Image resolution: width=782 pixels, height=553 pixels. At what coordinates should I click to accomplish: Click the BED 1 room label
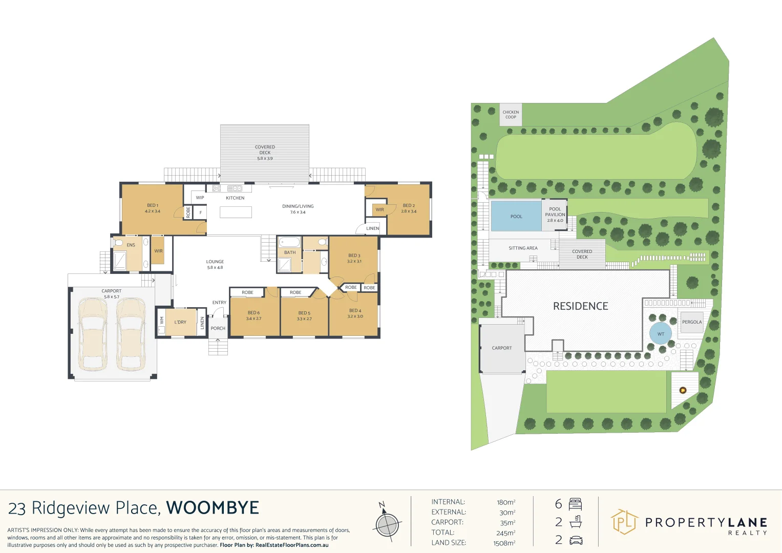(x=152, y=208)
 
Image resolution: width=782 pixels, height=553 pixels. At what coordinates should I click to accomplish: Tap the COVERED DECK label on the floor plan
(x=265, y=153)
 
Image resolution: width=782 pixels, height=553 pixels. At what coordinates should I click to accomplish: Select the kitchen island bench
(x=236, y=212)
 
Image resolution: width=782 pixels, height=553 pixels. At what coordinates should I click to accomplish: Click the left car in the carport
(x=93, y=334)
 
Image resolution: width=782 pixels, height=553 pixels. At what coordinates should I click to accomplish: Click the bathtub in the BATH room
(x=289, y=242)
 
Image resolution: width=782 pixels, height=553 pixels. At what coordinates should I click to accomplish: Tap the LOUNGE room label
(x=215, y=264)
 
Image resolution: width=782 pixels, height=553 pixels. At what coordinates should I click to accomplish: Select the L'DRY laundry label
(x=180, y=322)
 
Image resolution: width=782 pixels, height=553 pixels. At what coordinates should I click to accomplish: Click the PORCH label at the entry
(x=218, y=328)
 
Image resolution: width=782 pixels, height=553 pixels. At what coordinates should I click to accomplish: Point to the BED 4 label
(x=355, y=313)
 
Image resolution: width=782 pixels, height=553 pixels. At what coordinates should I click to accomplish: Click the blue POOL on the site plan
(x=516, y=216)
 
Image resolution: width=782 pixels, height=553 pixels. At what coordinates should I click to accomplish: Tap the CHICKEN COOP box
(x=511, y=115)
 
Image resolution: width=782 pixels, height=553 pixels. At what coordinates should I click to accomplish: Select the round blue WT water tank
(x=661, y=334)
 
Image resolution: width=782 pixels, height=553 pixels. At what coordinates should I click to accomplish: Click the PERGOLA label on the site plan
(x=692, y=322)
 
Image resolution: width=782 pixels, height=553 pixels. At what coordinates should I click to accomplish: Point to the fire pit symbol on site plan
(x=683, y=390)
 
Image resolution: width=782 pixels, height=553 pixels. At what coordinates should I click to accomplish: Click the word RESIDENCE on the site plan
(x=580, y=306)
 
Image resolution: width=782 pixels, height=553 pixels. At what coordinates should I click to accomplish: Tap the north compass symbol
(x=387, y=523)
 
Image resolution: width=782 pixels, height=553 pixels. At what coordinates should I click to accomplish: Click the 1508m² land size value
(x=504, y=543)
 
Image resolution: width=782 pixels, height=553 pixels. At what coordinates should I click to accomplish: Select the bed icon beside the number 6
(x=575, y=504)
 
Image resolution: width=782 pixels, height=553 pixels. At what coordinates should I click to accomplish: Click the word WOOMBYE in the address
(x=213, y=508)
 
